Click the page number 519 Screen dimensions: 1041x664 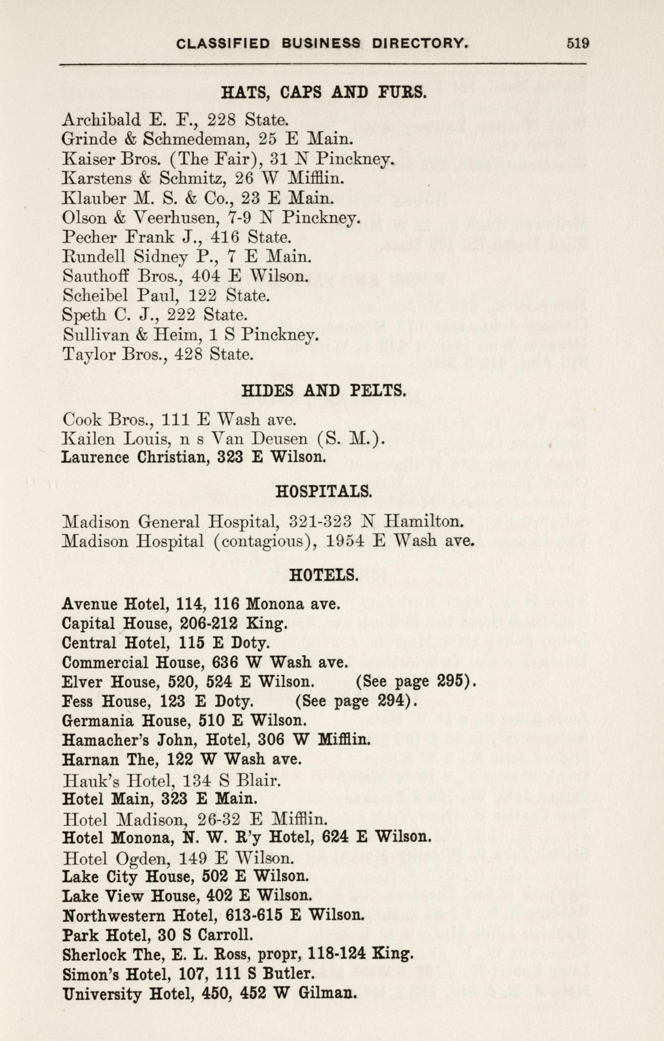tap(578, 43)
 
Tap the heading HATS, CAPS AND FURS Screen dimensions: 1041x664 tap(324, 92)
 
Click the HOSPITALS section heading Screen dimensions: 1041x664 tap(324, 491)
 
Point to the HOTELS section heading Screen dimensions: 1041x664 tap(324, 575)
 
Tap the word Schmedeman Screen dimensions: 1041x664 tap(197, 139)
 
